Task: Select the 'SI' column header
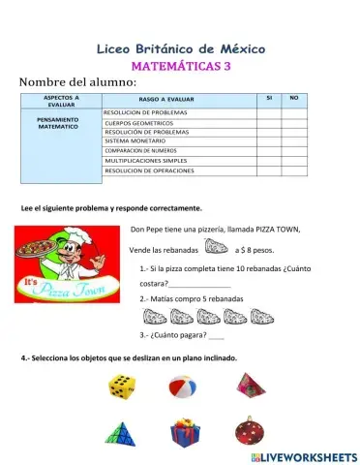(269, 99)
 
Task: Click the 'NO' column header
(294, 99)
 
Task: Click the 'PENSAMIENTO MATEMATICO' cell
(59, 124)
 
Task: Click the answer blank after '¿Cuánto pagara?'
(216, 336)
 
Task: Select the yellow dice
(123, 387)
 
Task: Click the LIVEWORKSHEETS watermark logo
(302, 455)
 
